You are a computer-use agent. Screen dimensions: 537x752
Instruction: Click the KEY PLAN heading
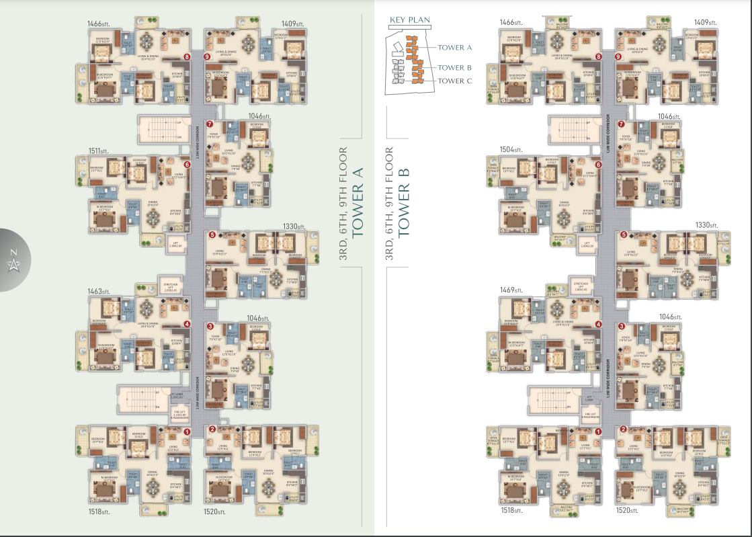click(409, 20)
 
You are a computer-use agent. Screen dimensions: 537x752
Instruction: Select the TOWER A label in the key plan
click(455, 48)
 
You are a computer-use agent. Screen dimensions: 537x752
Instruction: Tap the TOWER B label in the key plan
click(455, 67)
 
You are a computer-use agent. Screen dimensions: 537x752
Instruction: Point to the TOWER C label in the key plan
click(455, 81)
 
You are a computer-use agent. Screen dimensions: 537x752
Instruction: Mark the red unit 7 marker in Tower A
click(210, 124)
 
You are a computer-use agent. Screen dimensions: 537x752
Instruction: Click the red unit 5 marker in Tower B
click(622, 235)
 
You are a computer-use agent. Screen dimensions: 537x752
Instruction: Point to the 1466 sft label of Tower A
click(99, 23)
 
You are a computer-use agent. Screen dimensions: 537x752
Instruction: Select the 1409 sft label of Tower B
click(705, 23)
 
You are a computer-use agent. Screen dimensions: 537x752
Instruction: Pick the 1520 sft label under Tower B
click(628, 510)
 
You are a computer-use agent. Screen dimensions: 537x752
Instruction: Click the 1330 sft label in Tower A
click(294, 227)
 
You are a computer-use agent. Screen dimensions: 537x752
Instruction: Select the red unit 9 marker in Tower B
click(618, 56)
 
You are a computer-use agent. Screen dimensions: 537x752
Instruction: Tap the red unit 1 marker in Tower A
click(187, 431)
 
